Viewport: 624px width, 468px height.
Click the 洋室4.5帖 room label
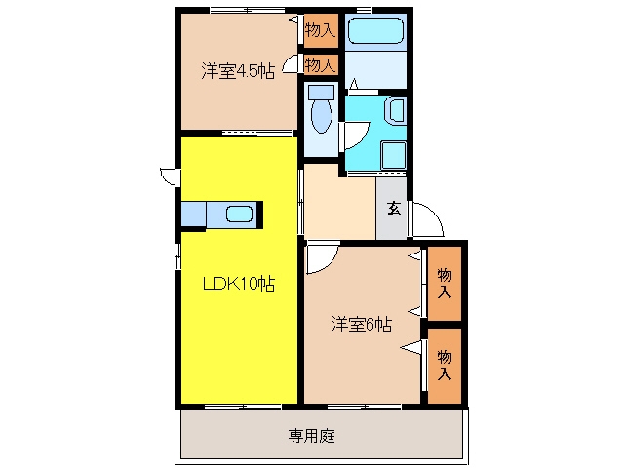point(238,71)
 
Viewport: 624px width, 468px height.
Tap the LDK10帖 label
point(239,284)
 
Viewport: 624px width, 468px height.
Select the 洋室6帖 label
point(362,325)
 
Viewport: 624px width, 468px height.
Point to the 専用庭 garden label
point(312,436)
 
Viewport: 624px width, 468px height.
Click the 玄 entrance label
point(394,208)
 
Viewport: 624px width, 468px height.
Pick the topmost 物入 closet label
point(321,30)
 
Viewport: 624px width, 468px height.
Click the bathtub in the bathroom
point(375,30)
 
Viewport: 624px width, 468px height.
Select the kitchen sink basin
point(239,214)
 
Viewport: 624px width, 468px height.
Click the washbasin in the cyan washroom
point(396,110)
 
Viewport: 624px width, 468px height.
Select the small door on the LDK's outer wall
point(169,176)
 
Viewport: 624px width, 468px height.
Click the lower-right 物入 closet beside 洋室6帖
point(445,366)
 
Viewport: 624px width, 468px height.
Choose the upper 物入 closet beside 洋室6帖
point(445,284)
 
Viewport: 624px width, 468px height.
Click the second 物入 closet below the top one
point(321,64)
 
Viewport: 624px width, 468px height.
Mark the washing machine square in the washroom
point(394,155)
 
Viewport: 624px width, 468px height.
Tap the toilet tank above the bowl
point(321,94)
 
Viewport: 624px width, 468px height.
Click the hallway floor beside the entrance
point(339,203)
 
